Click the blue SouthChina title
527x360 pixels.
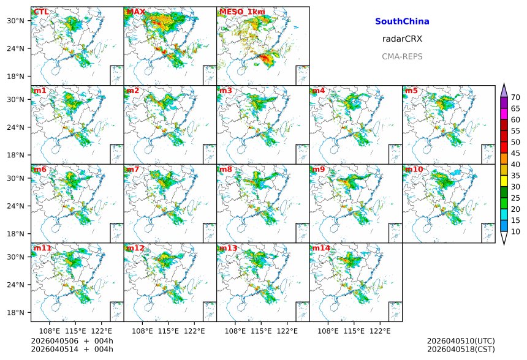point(402,21)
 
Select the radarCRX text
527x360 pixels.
point(402,39)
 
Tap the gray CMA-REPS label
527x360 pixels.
point(402,56)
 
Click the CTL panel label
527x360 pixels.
point(40,12)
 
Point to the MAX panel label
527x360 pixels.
point(135,12)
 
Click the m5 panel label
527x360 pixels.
point(411,91)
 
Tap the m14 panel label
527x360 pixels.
point(321,248)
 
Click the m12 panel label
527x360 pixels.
point(135,248)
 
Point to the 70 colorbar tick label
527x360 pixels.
point(515,97)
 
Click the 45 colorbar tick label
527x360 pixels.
point(515,153)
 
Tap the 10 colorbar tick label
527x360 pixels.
point(515,231)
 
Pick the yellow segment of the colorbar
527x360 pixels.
point(504,181)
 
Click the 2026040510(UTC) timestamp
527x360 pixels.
point(460,341)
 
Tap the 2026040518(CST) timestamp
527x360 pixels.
point(460,349)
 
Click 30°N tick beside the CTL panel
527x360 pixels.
point(15,21)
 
